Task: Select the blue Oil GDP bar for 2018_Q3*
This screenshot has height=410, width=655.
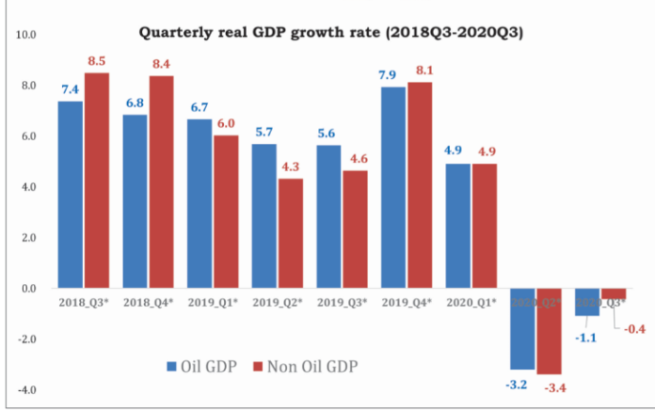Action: [x=71, y=194]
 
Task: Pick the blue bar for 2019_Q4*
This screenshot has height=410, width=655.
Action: [x=392, y=187]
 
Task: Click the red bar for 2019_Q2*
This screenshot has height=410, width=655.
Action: [x=290, y=233]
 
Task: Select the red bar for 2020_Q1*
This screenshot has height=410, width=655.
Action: [x=484, y=226]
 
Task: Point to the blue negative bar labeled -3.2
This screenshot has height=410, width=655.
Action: [x=522, y=328]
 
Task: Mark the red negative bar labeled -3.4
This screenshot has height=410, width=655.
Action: [x=549, y=331]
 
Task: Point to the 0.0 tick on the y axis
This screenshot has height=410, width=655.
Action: [x=26, y=289]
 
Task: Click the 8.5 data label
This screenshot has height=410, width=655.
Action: [x=97, y=61]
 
